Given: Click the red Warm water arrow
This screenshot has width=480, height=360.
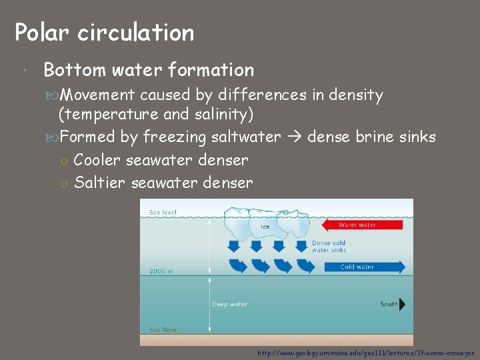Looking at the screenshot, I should (363, 225).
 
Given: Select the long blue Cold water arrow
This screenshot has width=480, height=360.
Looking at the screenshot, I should (364, 267).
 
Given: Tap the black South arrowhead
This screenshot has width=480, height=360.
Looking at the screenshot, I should (401, 305).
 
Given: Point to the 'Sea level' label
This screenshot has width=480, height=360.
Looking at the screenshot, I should (163, 213).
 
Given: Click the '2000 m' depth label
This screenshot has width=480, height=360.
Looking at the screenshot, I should (162, 271).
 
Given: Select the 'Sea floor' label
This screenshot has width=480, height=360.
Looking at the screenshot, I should (163, 329).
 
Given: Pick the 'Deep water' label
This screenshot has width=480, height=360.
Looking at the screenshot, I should (229, 305).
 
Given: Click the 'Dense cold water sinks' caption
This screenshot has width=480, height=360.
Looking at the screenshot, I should (329, 247).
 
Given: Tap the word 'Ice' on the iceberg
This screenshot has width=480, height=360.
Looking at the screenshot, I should (264, 227).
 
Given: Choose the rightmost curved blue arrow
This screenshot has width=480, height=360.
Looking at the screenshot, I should (305, 266).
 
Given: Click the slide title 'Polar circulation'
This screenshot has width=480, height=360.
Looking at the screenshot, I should (105, 32).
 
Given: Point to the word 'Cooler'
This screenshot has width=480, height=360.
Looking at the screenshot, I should (97, 160).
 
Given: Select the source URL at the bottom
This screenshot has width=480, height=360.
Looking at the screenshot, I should (365, 352).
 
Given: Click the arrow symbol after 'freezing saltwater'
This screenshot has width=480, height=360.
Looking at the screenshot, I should (294, 138).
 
